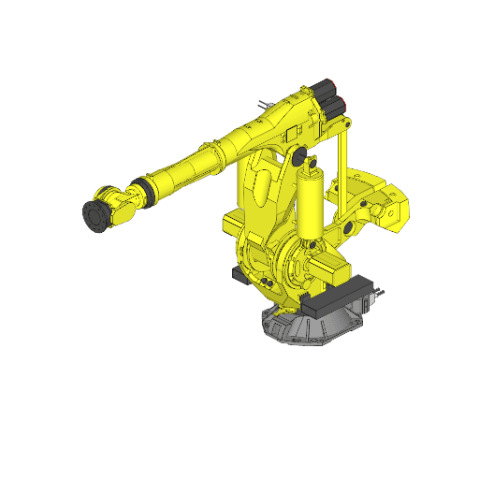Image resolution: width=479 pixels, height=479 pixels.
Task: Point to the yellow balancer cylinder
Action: [309, 201]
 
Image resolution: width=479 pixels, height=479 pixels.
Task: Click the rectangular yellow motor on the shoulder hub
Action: [332, 272]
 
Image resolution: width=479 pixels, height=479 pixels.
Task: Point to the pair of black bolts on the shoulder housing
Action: [266, 283]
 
